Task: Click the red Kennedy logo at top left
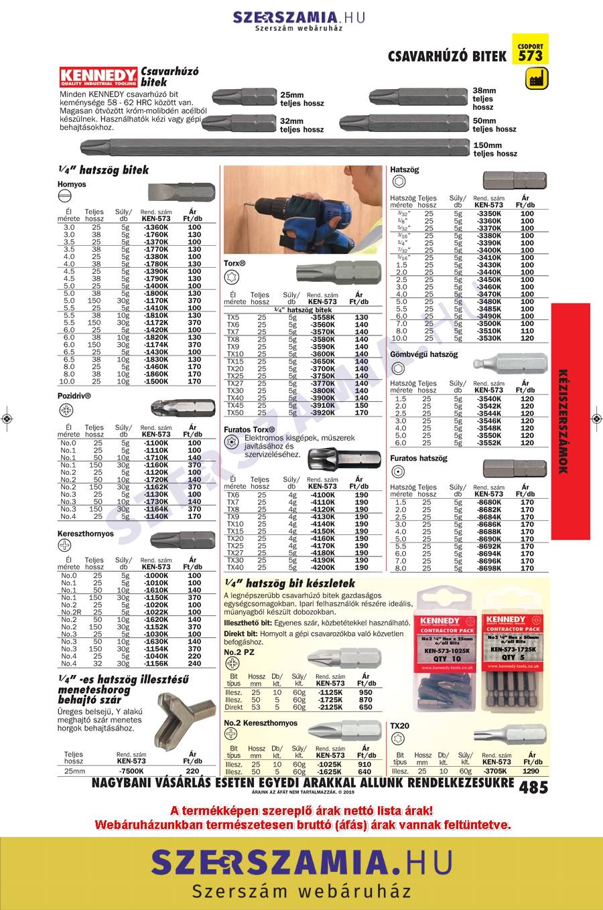coord(98,76)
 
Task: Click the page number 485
coord(533,787)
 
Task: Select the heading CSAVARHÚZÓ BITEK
coord(448,56)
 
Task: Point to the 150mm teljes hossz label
coord(495,149)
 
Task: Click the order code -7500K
coord(131,771)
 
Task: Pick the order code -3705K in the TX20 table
coord(496,771)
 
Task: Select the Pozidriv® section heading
coord(74,396)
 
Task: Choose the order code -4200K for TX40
coord(324,568)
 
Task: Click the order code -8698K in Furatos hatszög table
coord(488,568)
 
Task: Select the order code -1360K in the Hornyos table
coord(156,228)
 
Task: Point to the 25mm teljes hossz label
coord(301,99)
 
